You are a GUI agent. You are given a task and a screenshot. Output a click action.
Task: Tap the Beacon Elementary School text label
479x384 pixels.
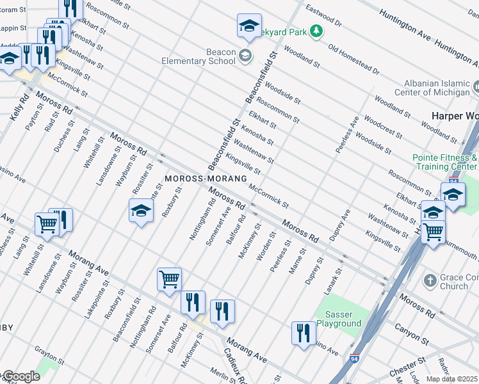click(204, 56)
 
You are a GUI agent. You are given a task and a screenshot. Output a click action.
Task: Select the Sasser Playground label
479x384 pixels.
click(339, 319)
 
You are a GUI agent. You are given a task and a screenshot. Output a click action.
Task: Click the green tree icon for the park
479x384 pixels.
click(315, 31)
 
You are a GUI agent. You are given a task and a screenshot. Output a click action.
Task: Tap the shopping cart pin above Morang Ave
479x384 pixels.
click(169, 278)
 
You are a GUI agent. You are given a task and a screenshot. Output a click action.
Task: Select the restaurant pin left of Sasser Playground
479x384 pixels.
click(303, 332)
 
